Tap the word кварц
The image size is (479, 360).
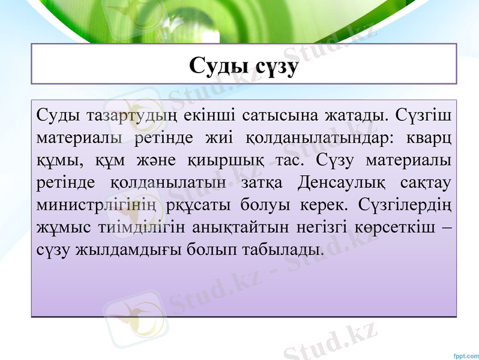point(428,137)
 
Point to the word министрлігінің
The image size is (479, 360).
point(97,205)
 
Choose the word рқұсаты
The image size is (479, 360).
point(199,205)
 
